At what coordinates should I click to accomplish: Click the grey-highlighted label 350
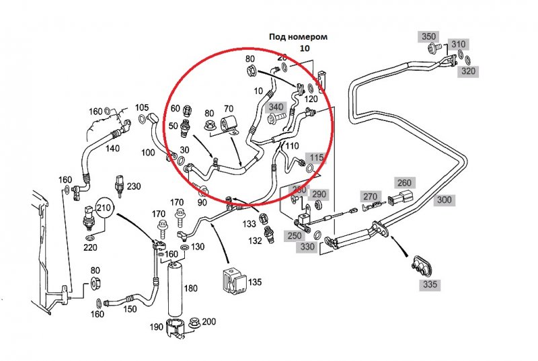(x=428, y=36)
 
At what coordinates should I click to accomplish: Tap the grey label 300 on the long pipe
(x=445, y=200)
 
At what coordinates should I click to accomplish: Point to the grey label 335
(x=430, y=285)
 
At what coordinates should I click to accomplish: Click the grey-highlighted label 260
(x=403, y=183)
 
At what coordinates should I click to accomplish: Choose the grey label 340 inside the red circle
(x=276, y=106)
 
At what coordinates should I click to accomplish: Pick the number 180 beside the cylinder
(x=191, y=288)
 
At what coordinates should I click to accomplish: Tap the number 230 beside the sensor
(x=134, y=186)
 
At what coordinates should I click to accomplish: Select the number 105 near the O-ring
(x=141, y=108)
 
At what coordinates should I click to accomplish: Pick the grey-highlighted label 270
(x=371, y=197)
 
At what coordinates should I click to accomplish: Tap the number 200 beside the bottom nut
(x=209, y=321)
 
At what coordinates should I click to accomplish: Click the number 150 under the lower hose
(x=129, y=309)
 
